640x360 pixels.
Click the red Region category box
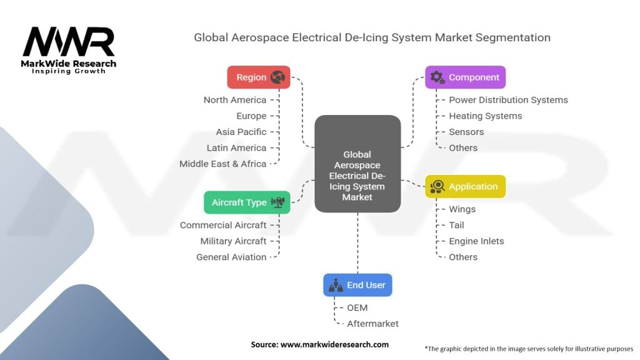click(x=258, y=77)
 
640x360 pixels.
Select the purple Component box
click(x=465, y=77)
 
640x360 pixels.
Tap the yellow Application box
click(x=465, y=186)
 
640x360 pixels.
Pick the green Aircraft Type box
click(x=247, y=202)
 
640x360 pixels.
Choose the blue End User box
click(x=357, y=285)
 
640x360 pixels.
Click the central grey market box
click(x=357, y=164)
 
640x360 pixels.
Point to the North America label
click(x=235, y=100)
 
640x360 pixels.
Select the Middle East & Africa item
click(x=223, y=164)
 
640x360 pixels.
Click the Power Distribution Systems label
click(x=508, y=100)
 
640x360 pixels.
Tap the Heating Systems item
click(x=485, y=116)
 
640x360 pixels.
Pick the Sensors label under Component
click(x=466, y=132)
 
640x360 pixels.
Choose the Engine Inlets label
click(x=476, y=241)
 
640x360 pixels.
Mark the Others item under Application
click(x=463, y=257)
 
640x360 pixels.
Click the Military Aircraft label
click(x=233, y=241)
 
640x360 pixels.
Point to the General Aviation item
click(x=231, y=257)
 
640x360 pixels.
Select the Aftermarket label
click(x=372, y=324)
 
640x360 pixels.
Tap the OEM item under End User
click(x=357, y=307)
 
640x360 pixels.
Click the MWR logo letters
click(x=69, y=42)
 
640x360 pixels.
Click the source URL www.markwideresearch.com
click(x=334, y=344)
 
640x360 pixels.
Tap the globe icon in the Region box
click(x=277, y=77)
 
